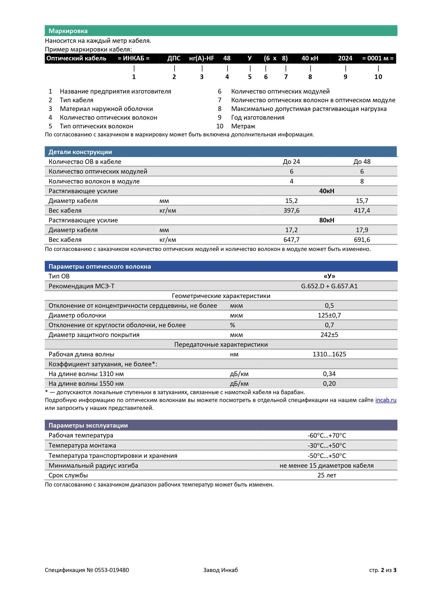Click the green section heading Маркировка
click(x=68, y=31)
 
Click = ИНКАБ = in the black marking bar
click(x=133, y=58)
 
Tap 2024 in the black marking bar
click(x=345, y=58)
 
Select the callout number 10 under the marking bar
click(x=378, y=77)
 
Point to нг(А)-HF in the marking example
click(x=201, y=58)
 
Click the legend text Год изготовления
click(x=258, y=117)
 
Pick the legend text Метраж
click(x=243, y=126)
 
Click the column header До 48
click(x=362, y=162)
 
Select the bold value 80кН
click(x=327, y=220)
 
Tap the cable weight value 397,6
click(x=291, y=211)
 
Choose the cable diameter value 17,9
click(x=362, y=230)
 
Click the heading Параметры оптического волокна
click(x=99, y=266)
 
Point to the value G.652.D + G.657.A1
click(x=329, y=286)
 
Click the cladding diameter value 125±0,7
click(x=329, y=315)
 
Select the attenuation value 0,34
click(x=329, y=374)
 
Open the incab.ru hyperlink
click(x=386, y=400)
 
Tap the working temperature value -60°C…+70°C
click(x=327, y=435)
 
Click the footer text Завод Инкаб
click(x=221, y=570)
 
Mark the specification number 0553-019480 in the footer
click(x=112, y=570)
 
